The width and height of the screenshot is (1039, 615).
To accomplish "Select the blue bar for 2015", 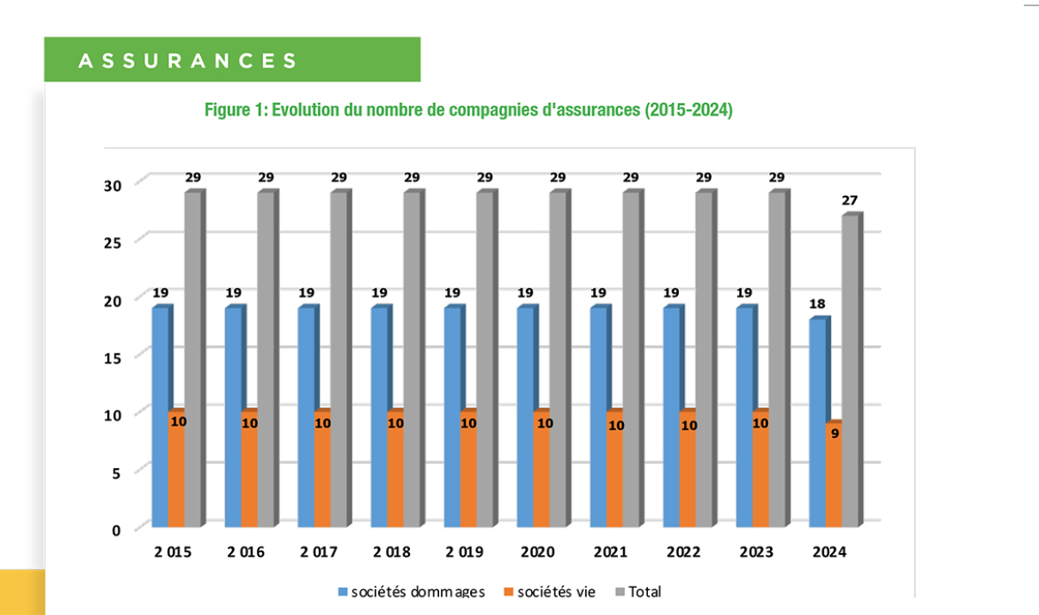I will coord(160,417).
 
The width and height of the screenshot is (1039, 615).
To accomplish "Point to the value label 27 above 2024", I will coord(850,200).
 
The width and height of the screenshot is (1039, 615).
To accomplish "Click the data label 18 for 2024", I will coord(817,304).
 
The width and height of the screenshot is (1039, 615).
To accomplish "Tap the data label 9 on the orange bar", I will coord(834,433).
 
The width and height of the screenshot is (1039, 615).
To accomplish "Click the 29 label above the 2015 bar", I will coord(193,177).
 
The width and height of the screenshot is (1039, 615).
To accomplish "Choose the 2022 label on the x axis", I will coord(684,552).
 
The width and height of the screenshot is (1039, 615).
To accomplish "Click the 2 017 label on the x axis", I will coord(319,552).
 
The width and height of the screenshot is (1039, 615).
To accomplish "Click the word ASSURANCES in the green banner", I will coord(187,61).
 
